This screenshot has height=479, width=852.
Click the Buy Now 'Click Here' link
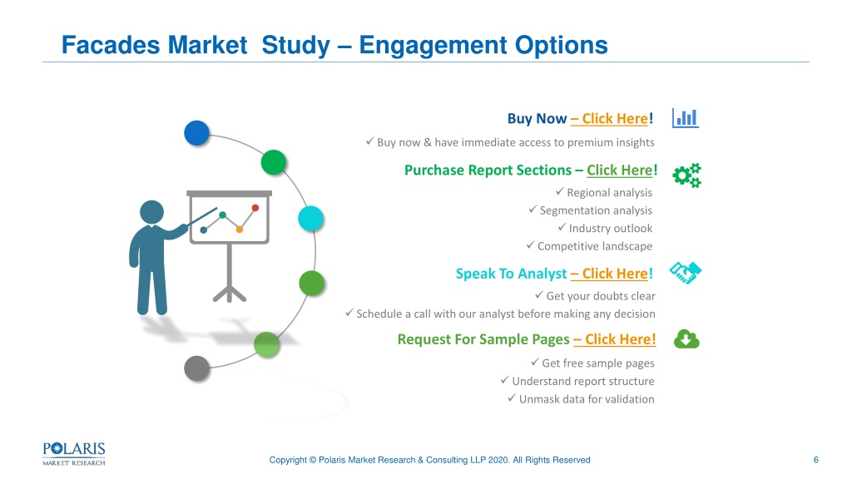[x=615, y=118]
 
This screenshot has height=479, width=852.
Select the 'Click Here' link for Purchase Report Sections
[x=619, y=170]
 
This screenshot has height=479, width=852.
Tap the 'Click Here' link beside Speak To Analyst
[x=615, y=274]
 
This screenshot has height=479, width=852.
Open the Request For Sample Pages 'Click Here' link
[x=620, y=339]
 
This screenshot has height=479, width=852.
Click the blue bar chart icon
[x=686, y=118]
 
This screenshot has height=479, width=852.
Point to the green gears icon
[x=686, y=175]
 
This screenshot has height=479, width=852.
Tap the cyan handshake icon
[x=686, y=273]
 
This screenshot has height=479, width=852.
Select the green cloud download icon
[x=686, y=339]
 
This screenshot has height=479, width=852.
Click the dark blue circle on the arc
[x=196, y=133]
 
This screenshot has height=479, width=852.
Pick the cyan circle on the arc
[x=311, y=219]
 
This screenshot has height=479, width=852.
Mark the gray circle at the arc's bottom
[x=196, y=368]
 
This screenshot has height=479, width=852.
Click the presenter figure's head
[x=151, y=212]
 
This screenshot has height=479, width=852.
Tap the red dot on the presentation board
[x=255, y=207]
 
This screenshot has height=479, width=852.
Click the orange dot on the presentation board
[x=239, y=230]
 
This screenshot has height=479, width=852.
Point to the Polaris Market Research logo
[x=74, y=454]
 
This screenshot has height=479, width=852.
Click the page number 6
[x=815, y=460]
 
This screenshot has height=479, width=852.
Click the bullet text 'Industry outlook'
[x=611, y=229]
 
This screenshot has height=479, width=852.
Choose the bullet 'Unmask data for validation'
[x=587, y=399]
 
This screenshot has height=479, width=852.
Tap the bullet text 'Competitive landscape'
[x=595, y=246]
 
